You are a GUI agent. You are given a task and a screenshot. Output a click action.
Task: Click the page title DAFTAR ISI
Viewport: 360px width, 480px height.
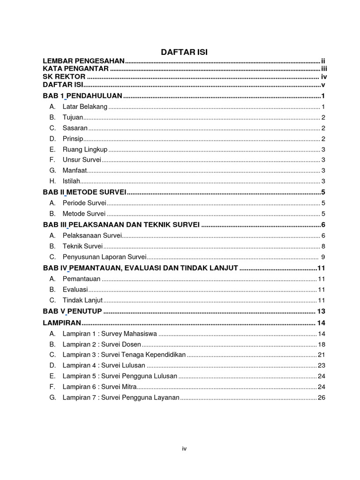tap(184, 52)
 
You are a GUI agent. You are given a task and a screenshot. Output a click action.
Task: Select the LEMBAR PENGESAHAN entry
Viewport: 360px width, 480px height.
tap(84, 61)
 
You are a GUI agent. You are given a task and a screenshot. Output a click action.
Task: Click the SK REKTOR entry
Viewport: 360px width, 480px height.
tap(64, 77)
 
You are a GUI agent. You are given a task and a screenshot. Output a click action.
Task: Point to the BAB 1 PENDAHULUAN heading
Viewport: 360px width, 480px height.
tap(82, 96)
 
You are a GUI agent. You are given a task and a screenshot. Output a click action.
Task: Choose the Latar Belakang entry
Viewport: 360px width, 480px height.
tap(85, 107)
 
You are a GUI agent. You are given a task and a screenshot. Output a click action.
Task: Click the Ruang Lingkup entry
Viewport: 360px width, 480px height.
tap(85, 150)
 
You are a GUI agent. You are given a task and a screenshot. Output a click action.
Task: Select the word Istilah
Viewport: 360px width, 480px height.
tap(71, 181)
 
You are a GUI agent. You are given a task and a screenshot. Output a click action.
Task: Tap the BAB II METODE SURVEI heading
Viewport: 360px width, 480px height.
tap(85, 192)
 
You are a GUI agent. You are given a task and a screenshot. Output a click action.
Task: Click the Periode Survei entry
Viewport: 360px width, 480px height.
tap(84, 203)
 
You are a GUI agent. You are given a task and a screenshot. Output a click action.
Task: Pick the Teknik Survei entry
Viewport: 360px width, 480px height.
tap(82, 246)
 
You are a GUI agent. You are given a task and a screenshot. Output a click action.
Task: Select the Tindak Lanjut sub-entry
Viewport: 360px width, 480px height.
tap(82, 300)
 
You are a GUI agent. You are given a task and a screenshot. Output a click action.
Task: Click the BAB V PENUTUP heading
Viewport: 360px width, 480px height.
tap(73, 312)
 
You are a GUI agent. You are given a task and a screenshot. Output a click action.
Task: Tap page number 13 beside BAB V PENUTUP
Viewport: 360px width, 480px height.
tap(321, 312)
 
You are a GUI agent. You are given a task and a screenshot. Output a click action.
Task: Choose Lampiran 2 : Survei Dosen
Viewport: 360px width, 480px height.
tap(102, 344)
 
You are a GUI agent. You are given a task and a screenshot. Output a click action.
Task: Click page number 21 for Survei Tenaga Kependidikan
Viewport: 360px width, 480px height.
tap(321, 355)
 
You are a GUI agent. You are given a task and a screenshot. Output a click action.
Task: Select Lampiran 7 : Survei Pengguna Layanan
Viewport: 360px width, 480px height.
tap(121, 397)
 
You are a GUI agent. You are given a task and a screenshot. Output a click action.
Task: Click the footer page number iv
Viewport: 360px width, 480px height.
tap(184, 449)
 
